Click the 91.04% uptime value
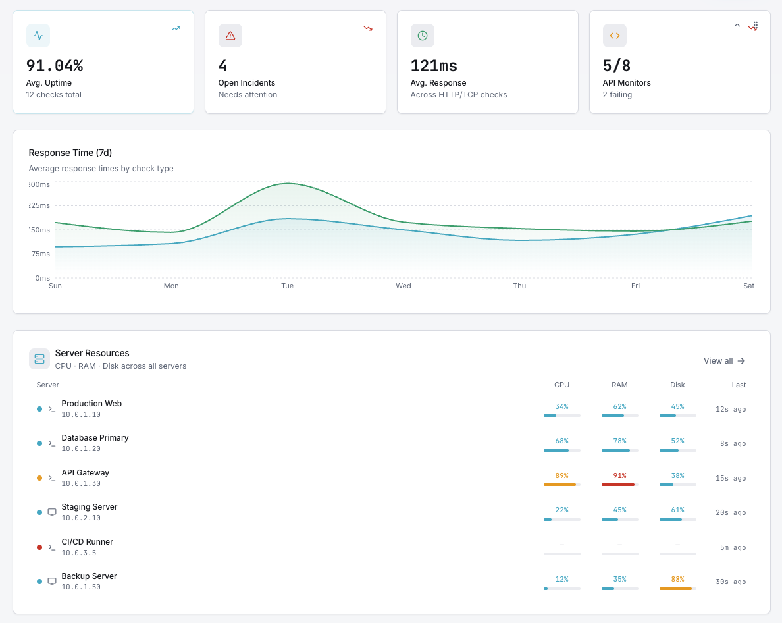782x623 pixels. click(x=55, y=66)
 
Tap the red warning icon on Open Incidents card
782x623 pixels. click(x=230, y=36)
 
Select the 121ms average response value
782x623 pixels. click(x=434, y=66)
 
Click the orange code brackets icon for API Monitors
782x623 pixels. click(x=615, y=36)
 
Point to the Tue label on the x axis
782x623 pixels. click(x=287, y=286)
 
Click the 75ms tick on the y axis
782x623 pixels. click(x=39, y=254)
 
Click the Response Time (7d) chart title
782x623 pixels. click(x=70, y=153)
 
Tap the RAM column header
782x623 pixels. click(x=619, y=385)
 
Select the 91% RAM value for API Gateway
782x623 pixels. click(x=619, y=475)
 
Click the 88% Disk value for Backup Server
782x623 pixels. click(x=677, y=579)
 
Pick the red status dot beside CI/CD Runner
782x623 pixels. click(x=39, y=547)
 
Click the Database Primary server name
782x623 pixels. click(x=95, y=438)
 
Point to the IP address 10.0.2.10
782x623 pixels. click(x=81, y=518)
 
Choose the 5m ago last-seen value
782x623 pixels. click(x=733, y=547)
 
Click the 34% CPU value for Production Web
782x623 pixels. click(x=561, y=406)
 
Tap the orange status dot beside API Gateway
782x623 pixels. click(x=39, y=478)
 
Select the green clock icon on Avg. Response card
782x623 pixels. click(x=423, y=36)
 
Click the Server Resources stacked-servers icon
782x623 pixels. click(x=39, y=359)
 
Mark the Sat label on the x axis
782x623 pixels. click(x=748, y=286)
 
